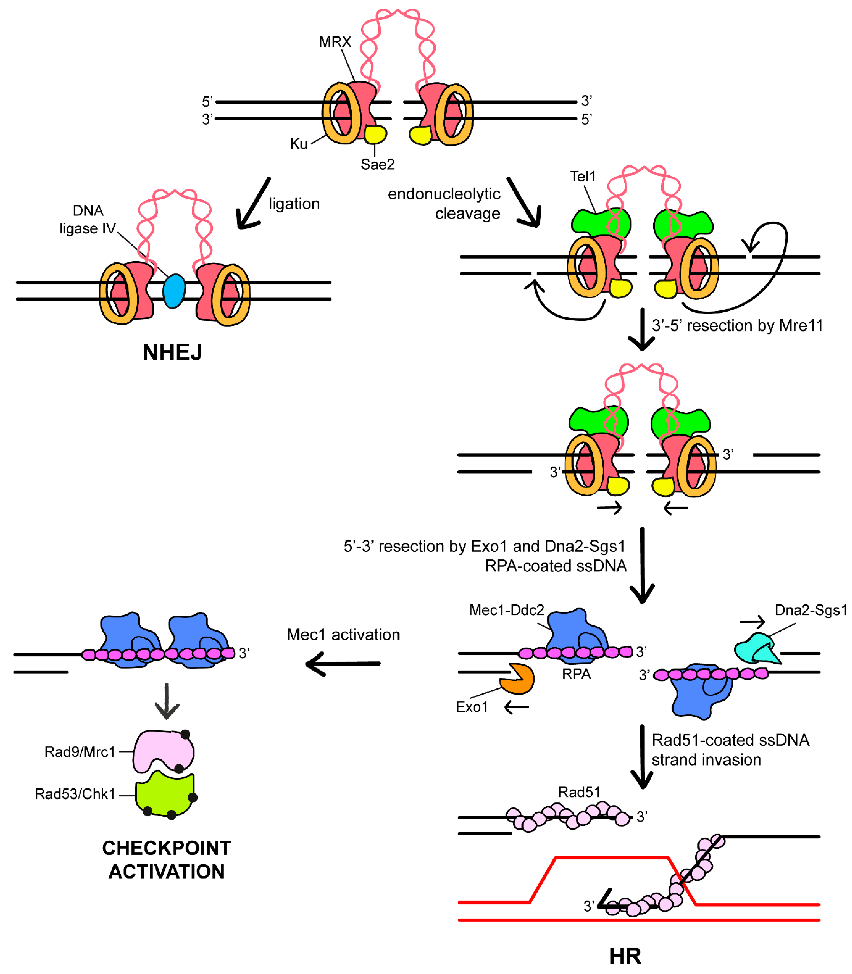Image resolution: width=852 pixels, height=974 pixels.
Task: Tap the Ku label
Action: tap(299, 144)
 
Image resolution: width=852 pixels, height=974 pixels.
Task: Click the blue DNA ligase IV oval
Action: tap(174, 291)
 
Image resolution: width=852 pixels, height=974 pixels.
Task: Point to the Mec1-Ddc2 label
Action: tap(506, 610)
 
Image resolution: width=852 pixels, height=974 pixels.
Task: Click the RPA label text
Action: tap(576, 674)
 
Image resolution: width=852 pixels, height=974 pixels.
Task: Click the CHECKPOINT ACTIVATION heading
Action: tap(167, 860)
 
